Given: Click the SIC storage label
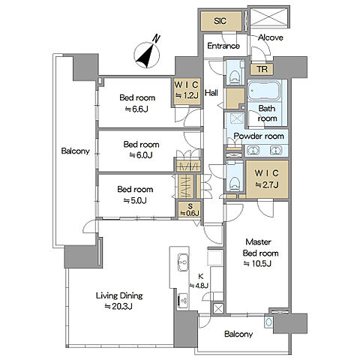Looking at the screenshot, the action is click(220, 21).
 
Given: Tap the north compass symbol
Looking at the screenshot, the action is click(147, 54).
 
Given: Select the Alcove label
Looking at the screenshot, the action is click(271, 37).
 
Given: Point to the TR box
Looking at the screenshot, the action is click(262, 69).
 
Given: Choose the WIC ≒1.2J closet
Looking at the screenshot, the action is click(187, 91).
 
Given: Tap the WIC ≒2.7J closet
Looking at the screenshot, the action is click(267, 179).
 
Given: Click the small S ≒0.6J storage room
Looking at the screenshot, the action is click(189, 209).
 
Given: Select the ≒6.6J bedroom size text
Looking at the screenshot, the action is click(136, 109).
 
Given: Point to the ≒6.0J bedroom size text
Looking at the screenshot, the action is click(141, 155).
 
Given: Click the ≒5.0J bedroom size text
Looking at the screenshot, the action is click(135, 200).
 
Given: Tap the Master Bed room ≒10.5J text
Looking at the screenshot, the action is click(260, 253).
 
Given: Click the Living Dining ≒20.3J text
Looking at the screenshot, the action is click(119, 301).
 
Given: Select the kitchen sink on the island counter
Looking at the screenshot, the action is click(183, 262).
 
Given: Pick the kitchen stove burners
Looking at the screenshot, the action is click(183, 301).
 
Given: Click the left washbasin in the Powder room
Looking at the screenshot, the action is click(253, 151).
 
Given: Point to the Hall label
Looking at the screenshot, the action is click(211, 93).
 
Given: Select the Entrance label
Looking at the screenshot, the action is click(223, 46).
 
